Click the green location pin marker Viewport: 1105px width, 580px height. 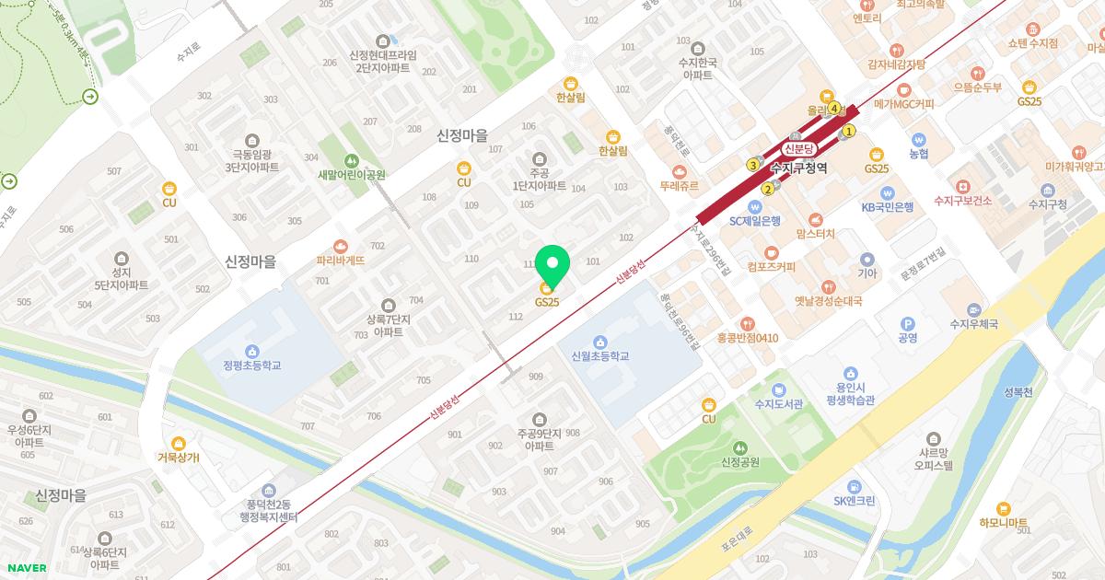coord(552,265)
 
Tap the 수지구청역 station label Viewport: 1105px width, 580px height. coord(799,168)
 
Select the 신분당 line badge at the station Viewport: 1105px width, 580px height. coord(798,148)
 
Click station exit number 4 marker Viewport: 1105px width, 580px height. coord(834,109)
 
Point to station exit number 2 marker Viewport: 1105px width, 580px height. coord(767,190)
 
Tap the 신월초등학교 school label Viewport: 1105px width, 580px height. coord(599,355)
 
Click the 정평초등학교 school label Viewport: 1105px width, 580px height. coord(251,365)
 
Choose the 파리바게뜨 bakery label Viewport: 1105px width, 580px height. coord(341,260)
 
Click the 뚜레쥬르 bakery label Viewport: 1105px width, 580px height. coord(680,185)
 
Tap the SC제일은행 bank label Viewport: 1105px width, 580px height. coord(754,221)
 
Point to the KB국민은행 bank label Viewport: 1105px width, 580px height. coord(887,207)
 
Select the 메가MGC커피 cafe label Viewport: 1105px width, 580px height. coord(903,104)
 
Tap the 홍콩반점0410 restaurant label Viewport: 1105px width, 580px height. coord(748,337)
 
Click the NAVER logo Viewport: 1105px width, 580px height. coord(25,568)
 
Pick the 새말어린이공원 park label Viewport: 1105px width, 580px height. coord(351,174)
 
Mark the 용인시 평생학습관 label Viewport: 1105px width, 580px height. coord(849,394)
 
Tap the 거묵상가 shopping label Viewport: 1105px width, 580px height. coord(178,457)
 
